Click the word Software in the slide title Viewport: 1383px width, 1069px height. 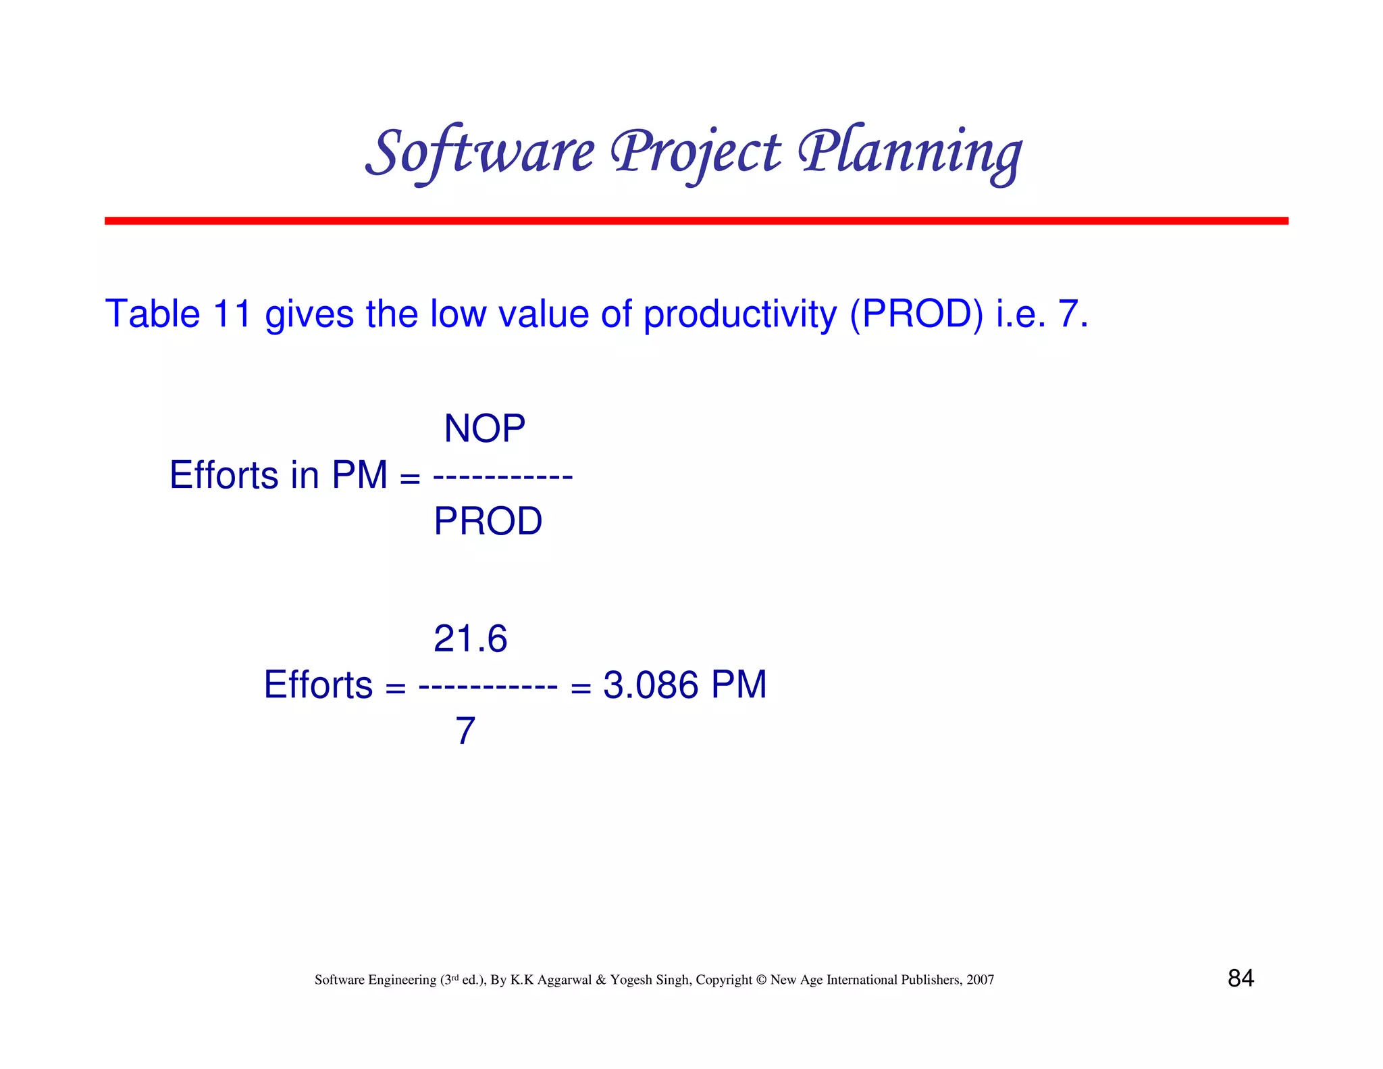[x=480, y=152]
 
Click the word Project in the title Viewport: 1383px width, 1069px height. [x=696, y=152]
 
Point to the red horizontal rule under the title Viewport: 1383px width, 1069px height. [x=696, y=221]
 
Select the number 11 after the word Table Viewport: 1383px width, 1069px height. [x=232, y=314]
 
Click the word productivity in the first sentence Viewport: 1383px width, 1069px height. [x=739, y=315]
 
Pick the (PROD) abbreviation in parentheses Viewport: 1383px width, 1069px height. [x=916, y=314]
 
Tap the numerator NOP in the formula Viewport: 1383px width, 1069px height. [x=484, y=428]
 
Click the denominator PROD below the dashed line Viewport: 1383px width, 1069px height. [x=488, y=521]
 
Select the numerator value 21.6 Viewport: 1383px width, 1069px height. [x=470, y=639]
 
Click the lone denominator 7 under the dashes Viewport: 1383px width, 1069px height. [x=465, y=731]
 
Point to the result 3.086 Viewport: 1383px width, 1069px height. [x=650, y=685]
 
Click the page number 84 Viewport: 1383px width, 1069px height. [x=1241, y=978]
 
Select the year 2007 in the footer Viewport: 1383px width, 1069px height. [x=980, y=980]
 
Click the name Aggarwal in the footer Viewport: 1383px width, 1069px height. [x=565, y=980]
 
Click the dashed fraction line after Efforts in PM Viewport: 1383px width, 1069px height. [x=502, y=477]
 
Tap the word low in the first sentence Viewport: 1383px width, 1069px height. [x=458, y=314]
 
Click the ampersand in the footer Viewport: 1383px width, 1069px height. [x=601, y=980]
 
